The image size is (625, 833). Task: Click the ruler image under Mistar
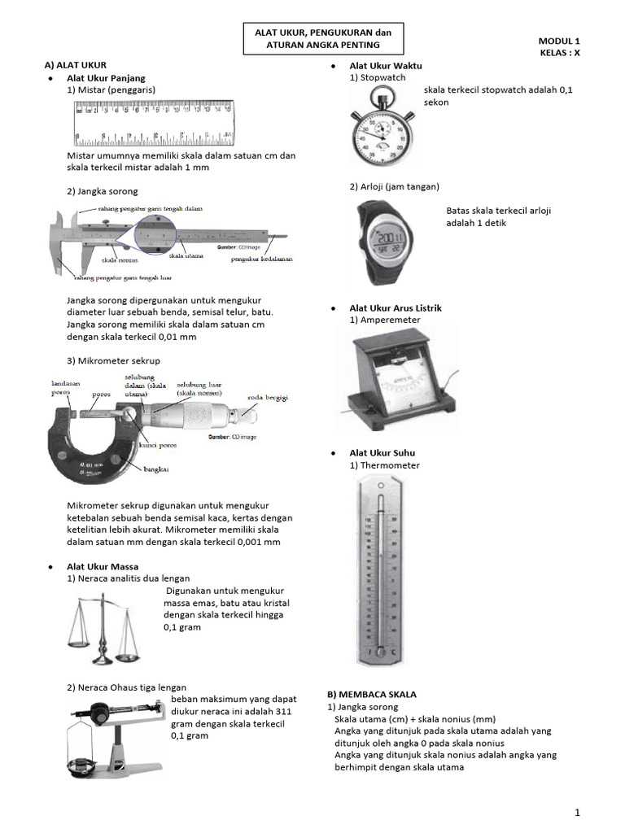(155, 122)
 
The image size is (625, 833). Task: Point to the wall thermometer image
(378, 569)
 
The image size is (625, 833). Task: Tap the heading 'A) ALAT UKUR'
(76, 63)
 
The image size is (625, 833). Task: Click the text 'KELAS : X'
(560, 52)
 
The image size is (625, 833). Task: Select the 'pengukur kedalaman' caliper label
(261, 259)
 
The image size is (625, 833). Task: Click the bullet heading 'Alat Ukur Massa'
(103, 566)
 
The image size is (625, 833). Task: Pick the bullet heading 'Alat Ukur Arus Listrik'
(396, 308)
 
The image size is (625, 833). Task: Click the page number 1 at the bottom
(577, 812)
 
